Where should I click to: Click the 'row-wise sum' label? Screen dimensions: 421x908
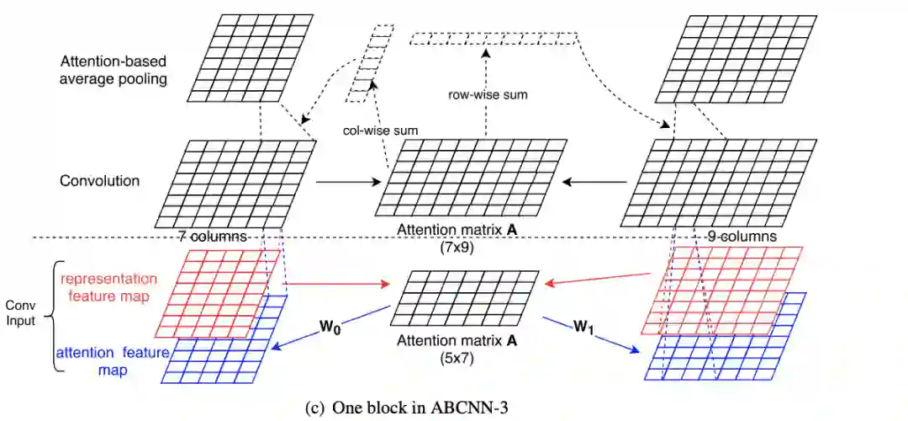[x=488, y=94]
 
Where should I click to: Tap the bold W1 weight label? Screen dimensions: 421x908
[x=583, y=324]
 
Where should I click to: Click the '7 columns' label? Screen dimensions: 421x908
[x=212, y=237]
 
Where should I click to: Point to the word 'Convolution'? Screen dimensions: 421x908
[x=100, y=180]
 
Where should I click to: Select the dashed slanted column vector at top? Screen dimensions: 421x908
[x=367, y=63]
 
